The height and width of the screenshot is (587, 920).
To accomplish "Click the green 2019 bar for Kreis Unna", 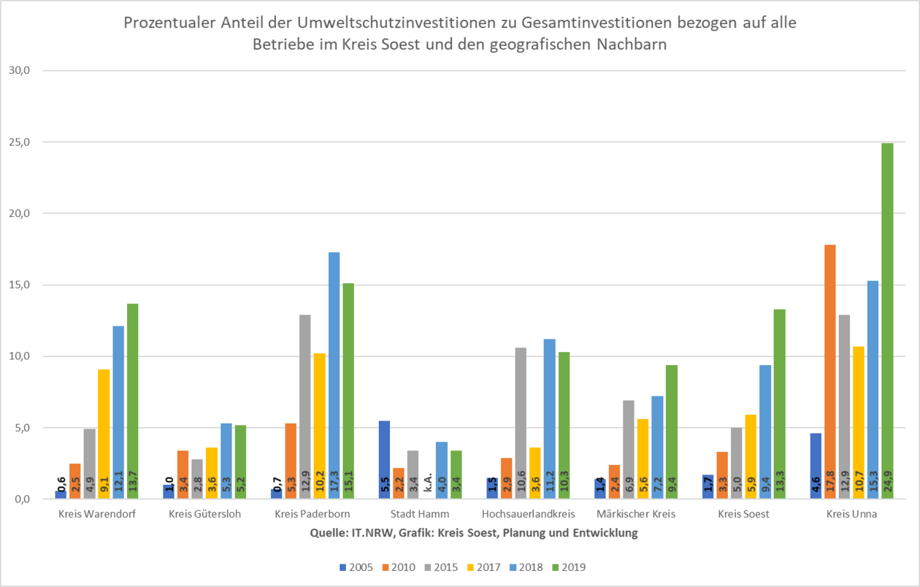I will point(887,321).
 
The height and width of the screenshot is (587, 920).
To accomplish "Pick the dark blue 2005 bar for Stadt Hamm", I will point(384,460).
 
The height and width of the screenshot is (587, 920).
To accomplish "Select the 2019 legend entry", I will point(568,567).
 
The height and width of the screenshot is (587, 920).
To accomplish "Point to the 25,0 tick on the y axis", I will point(34,142).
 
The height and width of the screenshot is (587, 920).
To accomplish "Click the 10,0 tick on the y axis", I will point(34,356).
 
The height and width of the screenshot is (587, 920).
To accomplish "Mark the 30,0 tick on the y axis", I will point(34,71).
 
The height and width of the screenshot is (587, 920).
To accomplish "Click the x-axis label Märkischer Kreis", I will point(636,514).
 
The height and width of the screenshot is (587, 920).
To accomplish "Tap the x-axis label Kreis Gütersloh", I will point(204,514).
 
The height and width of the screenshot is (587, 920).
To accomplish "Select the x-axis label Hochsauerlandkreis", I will point(528,514).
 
